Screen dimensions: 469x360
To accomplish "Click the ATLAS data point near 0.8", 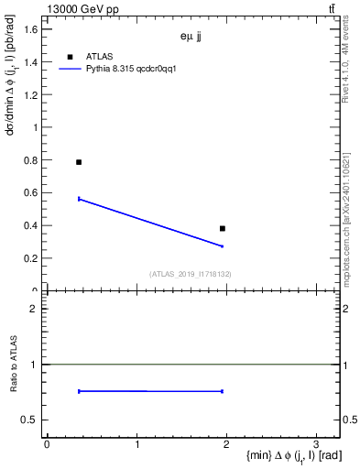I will click(79, 162).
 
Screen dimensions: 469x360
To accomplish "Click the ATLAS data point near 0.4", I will click(223, 228).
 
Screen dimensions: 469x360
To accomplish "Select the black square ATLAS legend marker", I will click(70, 57).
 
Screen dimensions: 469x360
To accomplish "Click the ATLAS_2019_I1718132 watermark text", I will click(191, 273).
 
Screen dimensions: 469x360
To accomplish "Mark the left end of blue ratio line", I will click(80, 391).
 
